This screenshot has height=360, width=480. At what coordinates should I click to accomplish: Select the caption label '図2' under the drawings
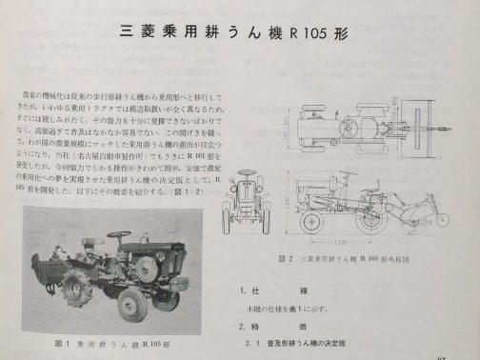pos(282,257)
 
